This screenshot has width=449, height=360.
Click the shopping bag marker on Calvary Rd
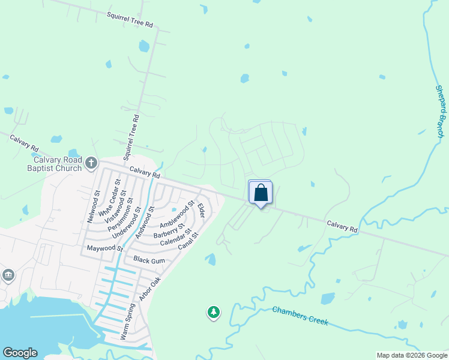tap(261, 193)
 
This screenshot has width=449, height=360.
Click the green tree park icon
tap(213, 312)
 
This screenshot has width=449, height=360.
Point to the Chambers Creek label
tap(300, 316)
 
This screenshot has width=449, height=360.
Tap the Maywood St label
tap(105, 248)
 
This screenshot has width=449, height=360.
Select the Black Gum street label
tap(149, 260)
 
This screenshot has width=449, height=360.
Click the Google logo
tap(20, 353)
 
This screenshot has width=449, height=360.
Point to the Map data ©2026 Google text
tap(412, 355)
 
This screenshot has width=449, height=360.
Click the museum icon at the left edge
tap(8, 275)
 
